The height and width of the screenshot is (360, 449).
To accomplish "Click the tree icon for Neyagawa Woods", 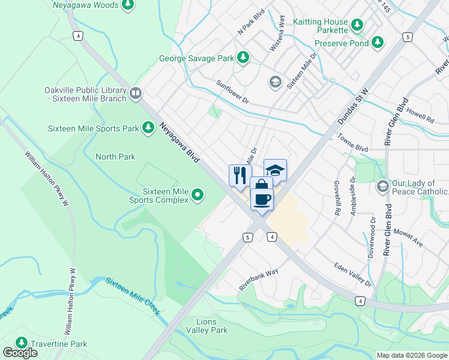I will (127, 5).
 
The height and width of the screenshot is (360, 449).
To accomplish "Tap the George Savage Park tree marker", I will (243, 58).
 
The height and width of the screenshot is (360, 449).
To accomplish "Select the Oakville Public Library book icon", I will (136, 94).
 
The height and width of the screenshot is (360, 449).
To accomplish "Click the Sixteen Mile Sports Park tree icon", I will (148, 128).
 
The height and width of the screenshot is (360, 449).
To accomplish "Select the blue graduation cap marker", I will (275, 170).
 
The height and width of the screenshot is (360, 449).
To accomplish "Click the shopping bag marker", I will (261, 185).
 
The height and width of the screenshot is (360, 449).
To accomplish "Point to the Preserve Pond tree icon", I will (377, 43).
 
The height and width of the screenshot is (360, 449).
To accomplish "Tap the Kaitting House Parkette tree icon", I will (357, 25).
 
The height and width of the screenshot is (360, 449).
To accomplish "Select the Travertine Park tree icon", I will (22, 343).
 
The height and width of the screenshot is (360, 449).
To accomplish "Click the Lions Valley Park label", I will (206, 326).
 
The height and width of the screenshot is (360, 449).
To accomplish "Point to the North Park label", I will (115, 157).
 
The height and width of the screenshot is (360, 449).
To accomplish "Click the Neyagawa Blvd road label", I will (179, 145).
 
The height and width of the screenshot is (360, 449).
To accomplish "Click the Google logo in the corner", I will (20, 353).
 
